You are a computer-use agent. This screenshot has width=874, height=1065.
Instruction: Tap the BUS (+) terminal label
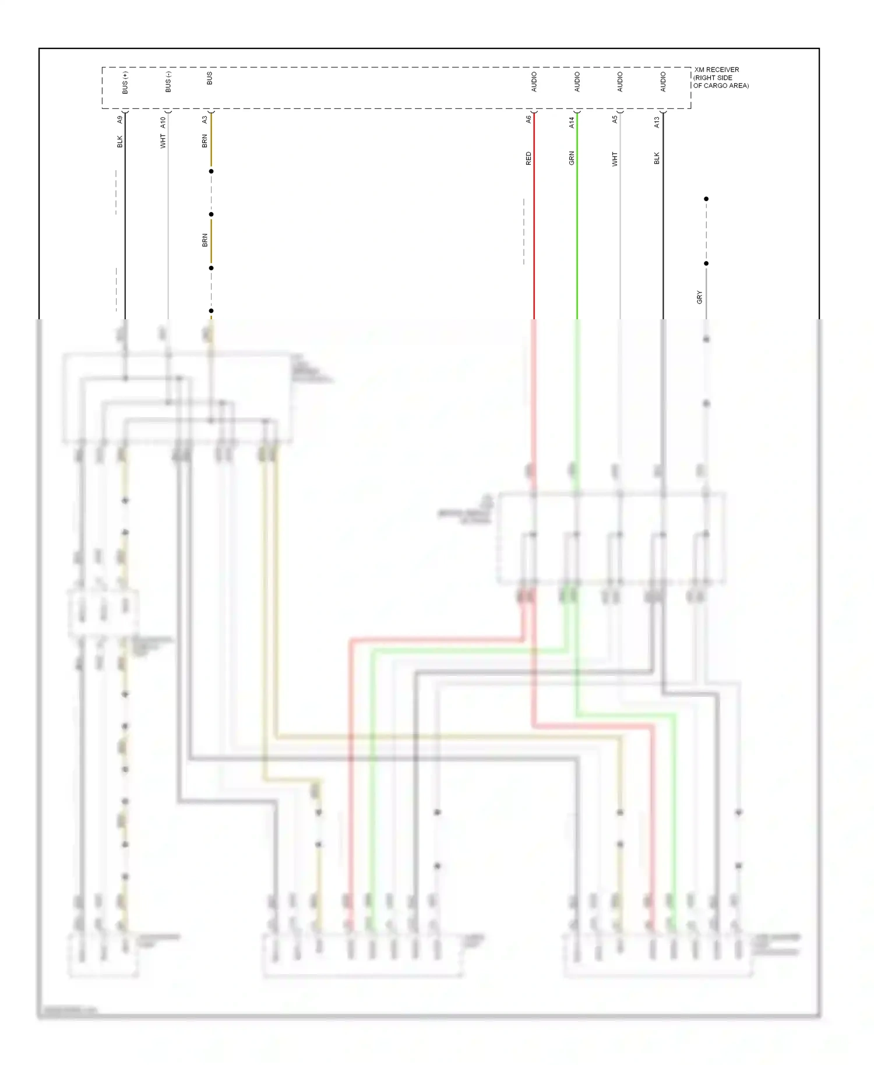pos(125,83)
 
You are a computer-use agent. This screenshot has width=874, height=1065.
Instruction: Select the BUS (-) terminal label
pos(168,82)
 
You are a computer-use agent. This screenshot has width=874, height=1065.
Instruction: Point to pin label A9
pos(120,119)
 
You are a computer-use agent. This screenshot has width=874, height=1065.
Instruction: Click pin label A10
pos(163,122)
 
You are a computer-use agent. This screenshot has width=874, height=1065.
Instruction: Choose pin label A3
pos(205,119)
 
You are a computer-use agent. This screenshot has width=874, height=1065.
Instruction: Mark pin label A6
pos(528,119)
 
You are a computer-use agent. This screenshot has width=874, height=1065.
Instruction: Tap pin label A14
pos(572,122)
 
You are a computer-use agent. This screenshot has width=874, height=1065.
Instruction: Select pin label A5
pos(615,119)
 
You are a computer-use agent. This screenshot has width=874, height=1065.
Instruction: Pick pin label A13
pos(657,122)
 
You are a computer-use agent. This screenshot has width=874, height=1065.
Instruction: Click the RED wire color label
pos(528,158)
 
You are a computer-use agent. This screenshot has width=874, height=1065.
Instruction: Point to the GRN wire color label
pos(572,158)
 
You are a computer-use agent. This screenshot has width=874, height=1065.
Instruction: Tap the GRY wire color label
pos(699,297)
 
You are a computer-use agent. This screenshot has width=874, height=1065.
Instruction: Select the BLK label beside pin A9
pos(120,142)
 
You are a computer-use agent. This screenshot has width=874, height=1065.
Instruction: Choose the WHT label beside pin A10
pos(163,142)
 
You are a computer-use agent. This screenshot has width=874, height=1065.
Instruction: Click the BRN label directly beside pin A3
pos(205,141)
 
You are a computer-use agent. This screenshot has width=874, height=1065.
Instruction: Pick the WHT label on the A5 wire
pos(615,159)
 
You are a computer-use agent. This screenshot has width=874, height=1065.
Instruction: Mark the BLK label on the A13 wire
pos(657,158)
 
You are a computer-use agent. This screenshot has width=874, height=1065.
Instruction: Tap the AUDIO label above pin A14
pos(577,82)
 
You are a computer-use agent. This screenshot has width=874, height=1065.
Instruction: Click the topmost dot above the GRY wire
pos(706,199)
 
